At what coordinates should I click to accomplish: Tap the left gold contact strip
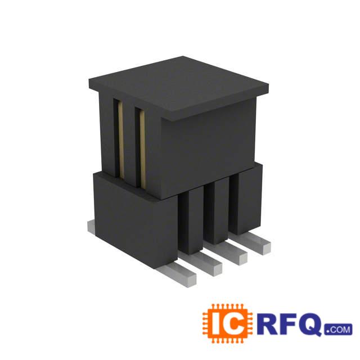pos(120,141)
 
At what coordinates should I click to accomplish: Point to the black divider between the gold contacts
pos(130,143)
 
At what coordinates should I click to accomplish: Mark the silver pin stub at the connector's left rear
pos(92,226)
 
